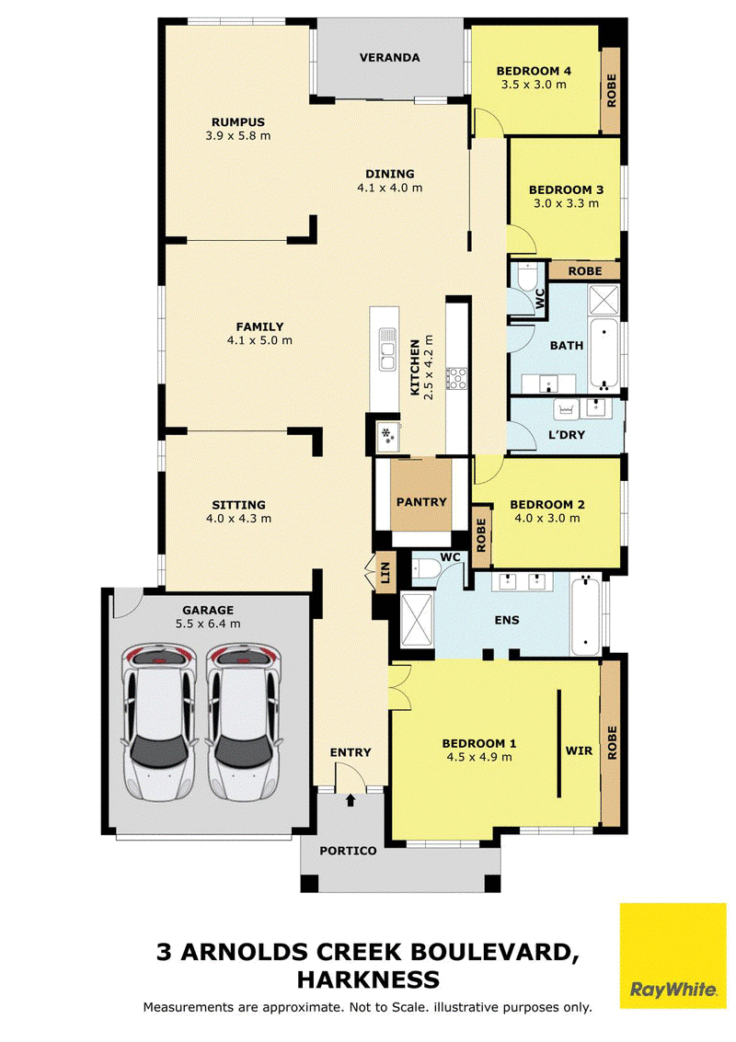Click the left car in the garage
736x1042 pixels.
(158, 722)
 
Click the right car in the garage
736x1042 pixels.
(243, 722)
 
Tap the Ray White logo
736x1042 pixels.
(673, 956)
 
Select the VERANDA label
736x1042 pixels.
(389, 58)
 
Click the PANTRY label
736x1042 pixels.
(421, 502)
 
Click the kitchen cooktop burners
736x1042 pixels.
(456, 378)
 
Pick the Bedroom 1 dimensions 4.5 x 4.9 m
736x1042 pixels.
(478, 757)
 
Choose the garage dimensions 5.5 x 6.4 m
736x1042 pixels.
(208, 624)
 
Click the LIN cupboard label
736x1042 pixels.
(385, 573)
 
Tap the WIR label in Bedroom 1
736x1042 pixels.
(579, 751)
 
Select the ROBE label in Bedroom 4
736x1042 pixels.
(612, 90)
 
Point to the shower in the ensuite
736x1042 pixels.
(417, 620)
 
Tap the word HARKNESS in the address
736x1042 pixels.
(368, 979)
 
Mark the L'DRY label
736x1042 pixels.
(567, 435)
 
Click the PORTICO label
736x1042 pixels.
(348, 851)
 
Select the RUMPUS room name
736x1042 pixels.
(238, 122)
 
